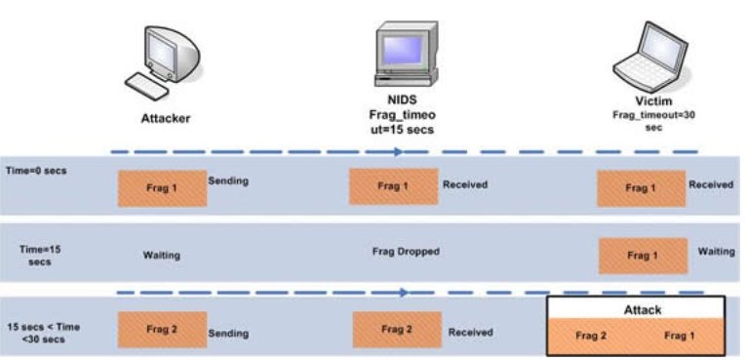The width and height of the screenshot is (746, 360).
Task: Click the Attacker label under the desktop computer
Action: (166, 119)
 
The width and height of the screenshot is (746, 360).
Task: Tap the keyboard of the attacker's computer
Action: (145, 86)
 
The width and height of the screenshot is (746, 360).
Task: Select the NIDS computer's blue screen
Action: (403, 50)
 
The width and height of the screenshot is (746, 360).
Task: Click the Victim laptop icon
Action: (649, 58)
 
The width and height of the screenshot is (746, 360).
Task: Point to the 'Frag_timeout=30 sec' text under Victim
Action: (653, 121)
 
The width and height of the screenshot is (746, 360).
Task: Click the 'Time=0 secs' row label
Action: (36, 171)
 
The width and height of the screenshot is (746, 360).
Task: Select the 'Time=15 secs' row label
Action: (40, 256)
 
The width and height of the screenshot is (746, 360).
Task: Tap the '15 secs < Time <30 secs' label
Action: (43, 333)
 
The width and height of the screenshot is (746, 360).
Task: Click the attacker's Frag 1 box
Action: (162, 188)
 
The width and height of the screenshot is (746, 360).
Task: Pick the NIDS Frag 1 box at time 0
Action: (393, 186)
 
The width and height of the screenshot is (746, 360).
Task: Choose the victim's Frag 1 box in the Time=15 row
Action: (643, 257)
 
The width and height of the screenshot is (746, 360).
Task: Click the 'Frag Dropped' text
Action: (406, 251)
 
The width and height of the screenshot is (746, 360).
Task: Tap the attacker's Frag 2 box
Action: (162, 330)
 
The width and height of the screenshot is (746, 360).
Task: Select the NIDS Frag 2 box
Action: (397, 330)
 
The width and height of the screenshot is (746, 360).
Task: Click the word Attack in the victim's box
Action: (643, 310)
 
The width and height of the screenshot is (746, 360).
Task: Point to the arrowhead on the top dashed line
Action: (399, 152)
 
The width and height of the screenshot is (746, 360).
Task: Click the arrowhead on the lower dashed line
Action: (404, 293)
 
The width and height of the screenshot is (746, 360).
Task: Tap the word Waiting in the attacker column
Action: (162, 256)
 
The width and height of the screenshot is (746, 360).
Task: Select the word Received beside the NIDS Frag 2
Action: (471, 333)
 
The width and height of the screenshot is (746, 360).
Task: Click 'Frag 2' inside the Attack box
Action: (591, 336)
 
